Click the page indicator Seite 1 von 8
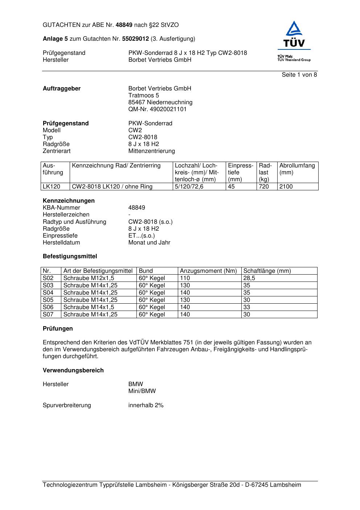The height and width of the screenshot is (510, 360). coord(299,75)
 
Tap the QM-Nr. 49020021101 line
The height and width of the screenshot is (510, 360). coord(157,109)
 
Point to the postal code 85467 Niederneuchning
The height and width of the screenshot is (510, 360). coord(160,102)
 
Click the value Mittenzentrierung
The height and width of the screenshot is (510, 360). coord(151,151)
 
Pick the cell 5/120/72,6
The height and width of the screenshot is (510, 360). coord(189,187)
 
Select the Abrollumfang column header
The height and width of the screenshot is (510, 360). coord(297,166)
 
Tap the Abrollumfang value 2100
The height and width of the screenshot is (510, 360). coord(286,187)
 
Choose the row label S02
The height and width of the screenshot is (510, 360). coord(48,278)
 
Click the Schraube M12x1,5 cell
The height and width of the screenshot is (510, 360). coord(89,278)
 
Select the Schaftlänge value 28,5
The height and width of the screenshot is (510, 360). coord(249,278)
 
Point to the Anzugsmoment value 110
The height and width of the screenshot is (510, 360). coord(185,278)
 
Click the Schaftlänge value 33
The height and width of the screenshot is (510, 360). coord(246,307)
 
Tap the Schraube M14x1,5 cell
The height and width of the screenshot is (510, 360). coord(89,307)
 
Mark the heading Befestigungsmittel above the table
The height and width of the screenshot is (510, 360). coord(70,256)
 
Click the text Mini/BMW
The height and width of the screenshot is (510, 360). coord(142,391)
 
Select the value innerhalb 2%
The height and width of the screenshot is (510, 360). coord(146,405)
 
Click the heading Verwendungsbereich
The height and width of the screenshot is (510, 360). coord(73,371)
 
